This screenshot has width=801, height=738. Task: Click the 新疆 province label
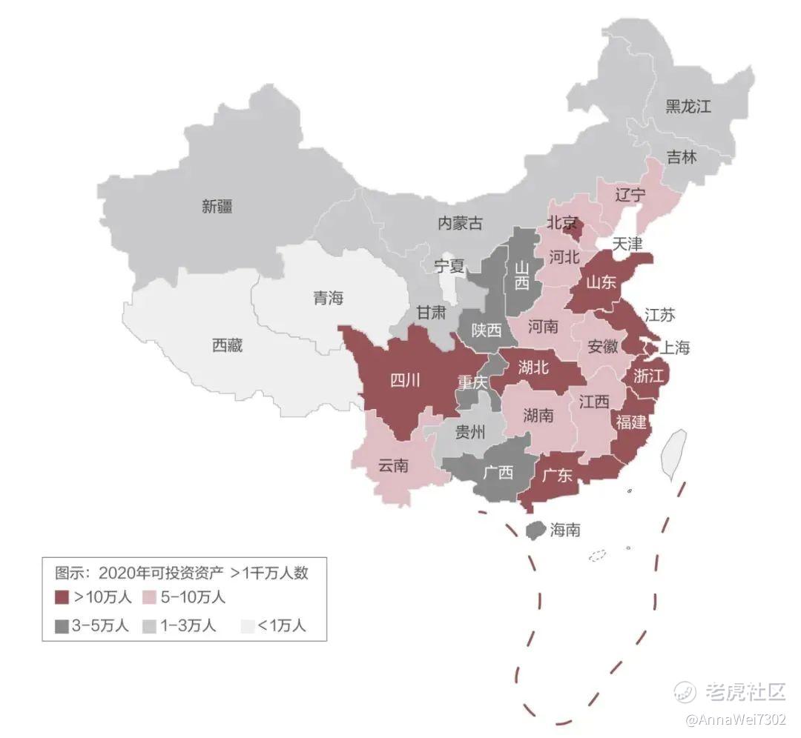217,207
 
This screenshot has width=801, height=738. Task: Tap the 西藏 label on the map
227,345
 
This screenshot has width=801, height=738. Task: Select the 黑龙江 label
688,107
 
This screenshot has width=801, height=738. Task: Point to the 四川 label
405,381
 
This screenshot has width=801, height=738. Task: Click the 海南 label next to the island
565,530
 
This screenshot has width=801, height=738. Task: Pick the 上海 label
674,347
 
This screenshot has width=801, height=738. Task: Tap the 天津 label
627,243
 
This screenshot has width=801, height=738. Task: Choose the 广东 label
557,475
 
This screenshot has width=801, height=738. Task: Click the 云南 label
393,466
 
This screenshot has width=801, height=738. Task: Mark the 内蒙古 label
460,223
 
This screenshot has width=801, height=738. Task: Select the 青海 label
328,299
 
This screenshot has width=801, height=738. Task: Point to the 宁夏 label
449,265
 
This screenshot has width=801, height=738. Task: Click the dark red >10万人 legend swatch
62,596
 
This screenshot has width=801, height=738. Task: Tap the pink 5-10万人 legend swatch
149,596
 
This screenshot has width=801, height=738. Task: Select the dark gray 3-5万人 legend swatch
62,625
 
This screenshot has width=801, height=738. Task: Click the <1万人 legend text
281,625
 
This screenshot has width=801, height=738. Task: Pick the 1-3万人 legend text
189,625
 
